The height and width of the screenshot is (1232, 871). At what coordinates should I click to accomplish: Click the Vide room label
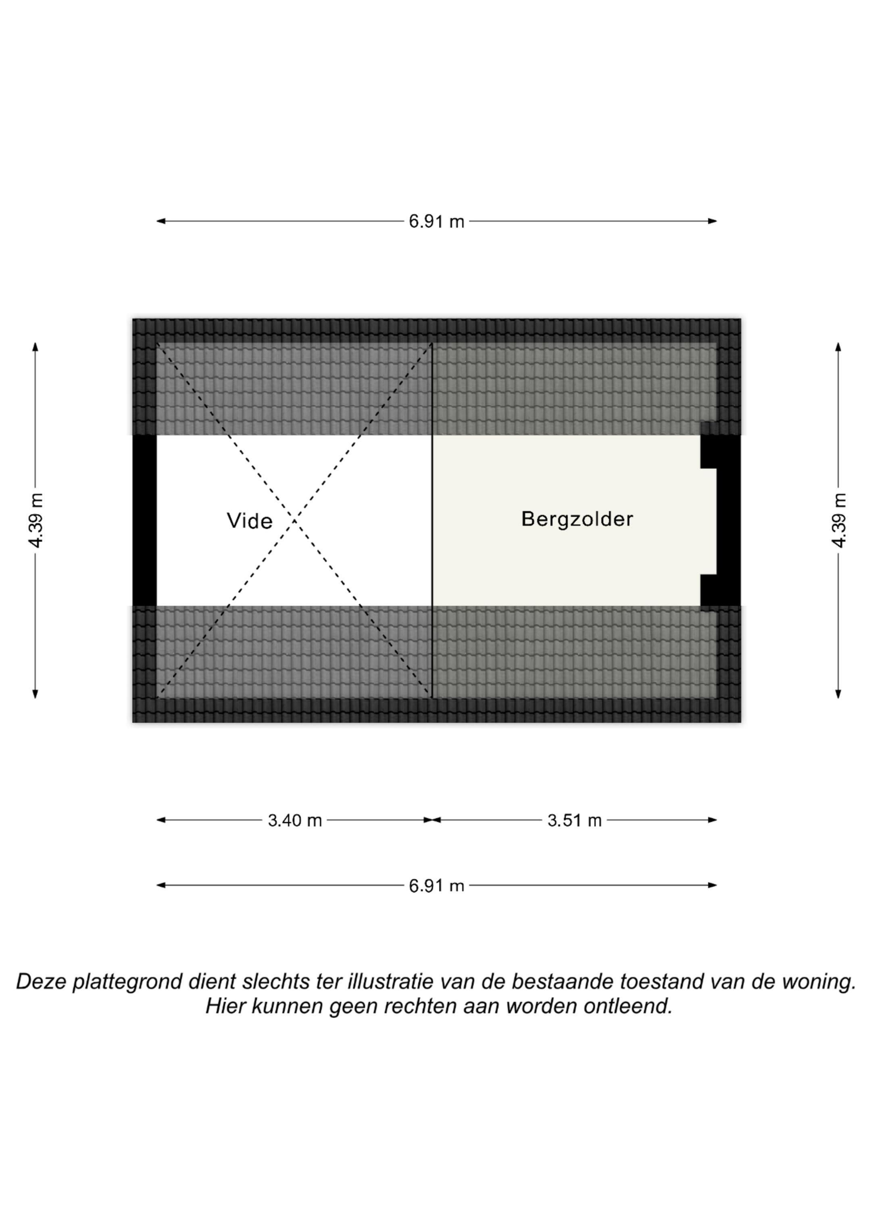coord(250,521)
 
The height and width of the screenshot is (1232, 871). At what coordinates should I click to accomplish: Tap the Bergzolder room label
coord(577,519)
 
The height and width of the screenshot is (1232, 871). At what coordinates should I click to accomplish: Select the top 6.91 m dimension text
coord(436,221)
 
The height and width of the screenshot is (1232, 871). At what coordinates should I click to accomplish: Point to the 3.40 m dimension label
coord(295,820)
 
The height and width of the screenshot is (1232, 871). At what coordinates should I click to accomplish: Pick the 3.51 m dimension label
coord(574,820)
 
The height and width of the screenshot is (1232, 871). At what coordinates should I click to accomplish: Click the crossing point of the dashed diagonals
coord(294,520)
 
